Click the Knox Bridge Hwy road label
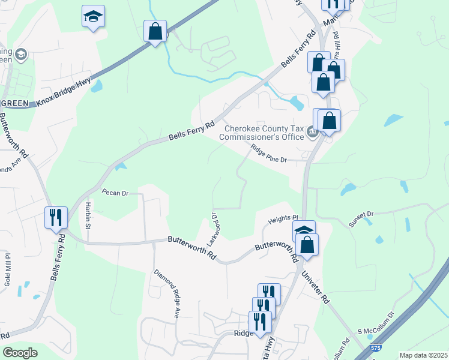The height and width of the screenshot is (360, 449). [x=64, y=90]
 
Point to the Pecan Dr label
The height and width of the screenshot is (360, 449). [x=115, y=193]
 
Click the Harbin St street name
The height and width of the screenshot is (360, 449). [x=87, y=215]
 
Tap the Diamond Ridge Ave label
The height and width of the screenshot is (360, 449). [x=167, y=293]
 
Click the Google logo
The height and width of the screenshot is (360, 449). [x=20, y=353]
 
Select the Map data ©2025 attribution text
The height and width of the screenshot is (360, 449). [x=423, y=355]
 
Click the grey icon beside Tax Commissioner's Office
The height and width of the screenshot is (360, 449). [x=312, y=133]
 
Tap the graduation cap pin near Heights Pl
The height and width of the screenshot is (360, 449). [x=304, y=231]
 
